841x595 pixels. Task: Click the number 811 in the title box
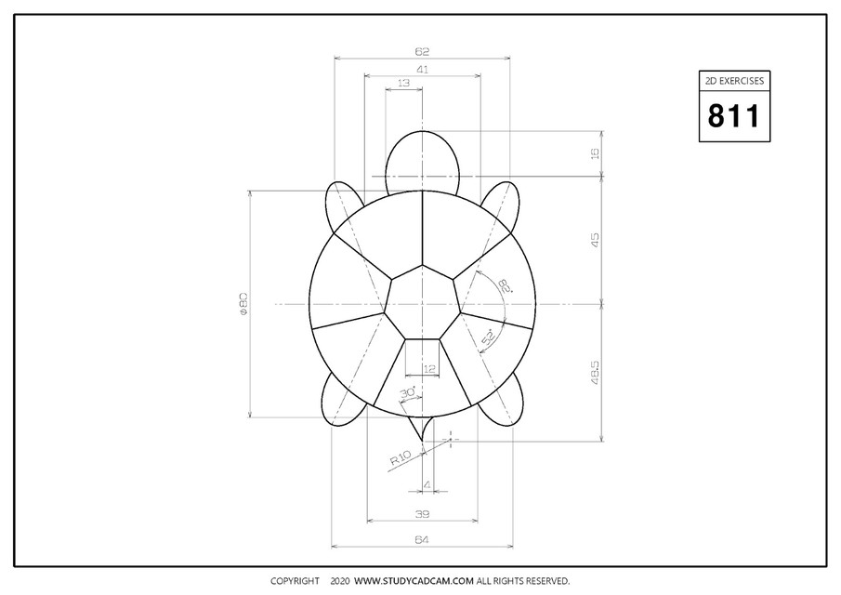click(x=734, y=116)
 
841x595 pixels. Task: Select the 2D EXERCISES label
click(x=734, y=82)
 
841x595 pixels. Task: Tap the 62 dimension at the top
click(x=423, y=52)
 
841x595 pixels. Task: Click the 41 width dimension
click(x=423, y=69)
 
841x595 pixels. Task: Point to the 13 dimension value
click(x=403, y=84)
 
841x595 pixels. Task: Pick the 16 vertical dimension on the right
click(x=595, y=153)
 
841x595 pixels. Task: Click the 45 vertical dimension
click(x=595, y=240)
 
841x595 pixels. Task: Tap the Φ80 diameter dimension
click(x=243, y=304)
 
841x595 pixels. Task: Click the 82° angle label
click(x=504, y=285)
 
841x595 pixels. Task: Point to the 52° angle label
click(x=488, y=340)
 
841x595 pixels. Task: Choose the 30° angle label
click(x=406, y=394)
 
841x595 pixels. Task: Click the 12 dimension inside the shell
click(x=428, y=369)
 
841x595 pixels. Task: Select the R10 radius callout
click(x=400, y=458)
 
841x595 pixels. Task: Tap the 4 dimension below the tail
click(x=427, y=484)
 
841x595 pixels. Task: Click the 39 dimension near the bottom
click(x=423, y=513)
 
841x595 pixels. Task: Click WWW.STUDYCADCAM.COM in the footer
click(x=414, y=581)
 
